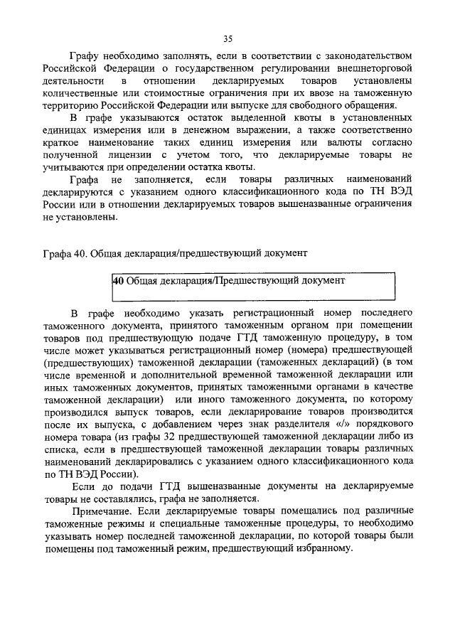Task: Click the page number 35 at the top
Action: point(227,38)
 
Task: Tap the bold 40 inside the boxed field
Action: point(119,281)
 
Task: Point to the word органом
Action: point(295,326)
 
